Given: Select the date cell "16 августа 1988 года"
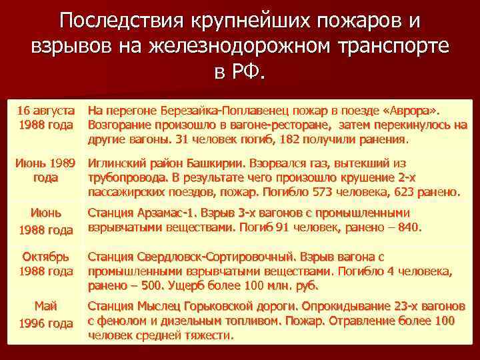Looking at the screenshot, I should click(x=45, y=117).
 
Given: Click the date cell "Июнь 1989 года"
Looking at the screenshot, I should click(x=45, y=170).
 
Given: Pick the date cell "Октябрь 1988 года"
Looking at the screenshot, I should click(x=45, y=263).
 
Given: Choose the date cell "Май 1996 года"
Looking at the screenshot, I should click(x=45, y=314).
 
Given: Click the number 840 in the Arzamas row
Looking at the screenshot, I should click(x=407, y=227).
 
